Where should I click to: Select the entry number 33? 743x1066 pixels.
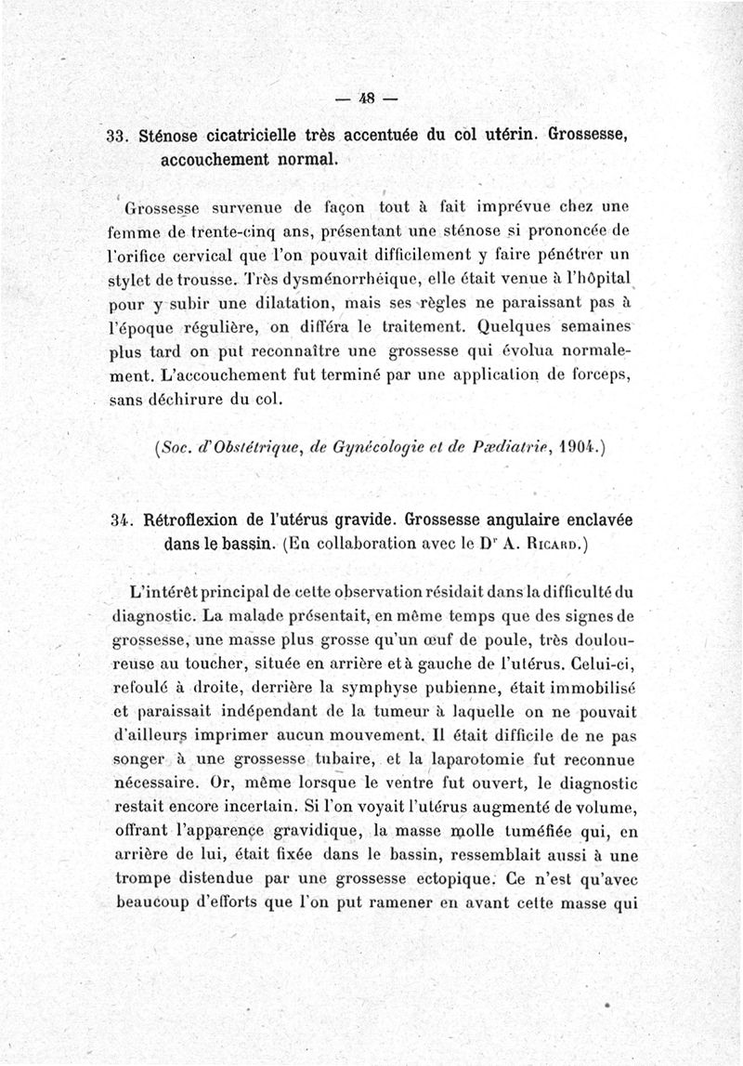coord(117,134)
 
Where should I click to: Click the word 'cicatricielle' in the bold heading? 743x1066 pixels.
coord(257,134)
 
